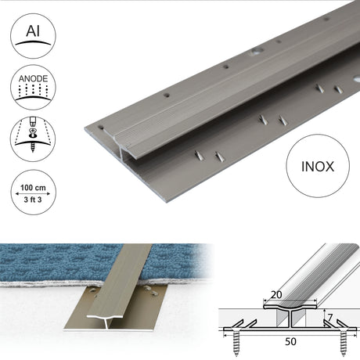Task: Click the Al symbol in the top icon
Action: click(33, 31)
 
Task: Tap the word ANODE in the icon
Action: click(33, 79)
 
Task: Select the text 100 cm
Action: click(33, 188)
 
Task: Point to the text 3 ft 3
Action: click(33, 200)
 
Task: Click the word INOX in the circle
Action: click(318, 167)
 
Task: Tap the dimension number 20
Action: click(276, 295)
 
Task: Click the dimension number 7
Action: click(330, 318)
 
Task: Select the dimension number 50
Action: click(290, 341)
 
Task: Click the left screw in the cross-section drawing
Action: click(236, 343)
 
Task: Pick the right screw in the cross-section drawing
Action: click(344, 343)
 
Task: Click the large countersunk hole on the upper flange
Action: click(256, 52)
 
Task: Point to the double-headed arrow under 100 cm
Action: click(33, 193)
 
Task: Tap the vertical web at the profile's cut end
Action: click(122, 154)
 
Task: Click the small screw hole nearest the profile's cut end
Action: click(101, 128)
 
